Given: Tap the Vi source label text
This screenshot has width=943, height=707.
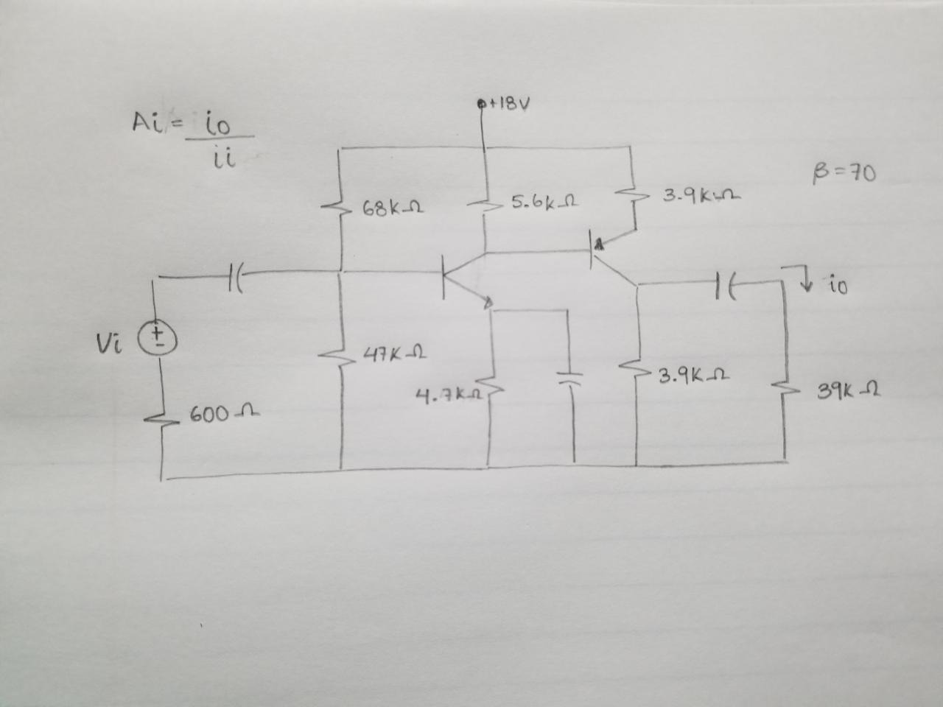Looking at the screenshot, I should [106, 340].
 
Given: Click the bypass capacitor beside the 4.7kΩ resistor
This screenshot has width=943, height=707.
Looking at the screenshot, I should [567, 378].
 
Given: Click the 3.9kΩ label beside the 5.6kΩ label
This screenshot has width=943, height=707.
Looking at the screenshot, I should [701, 197].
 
